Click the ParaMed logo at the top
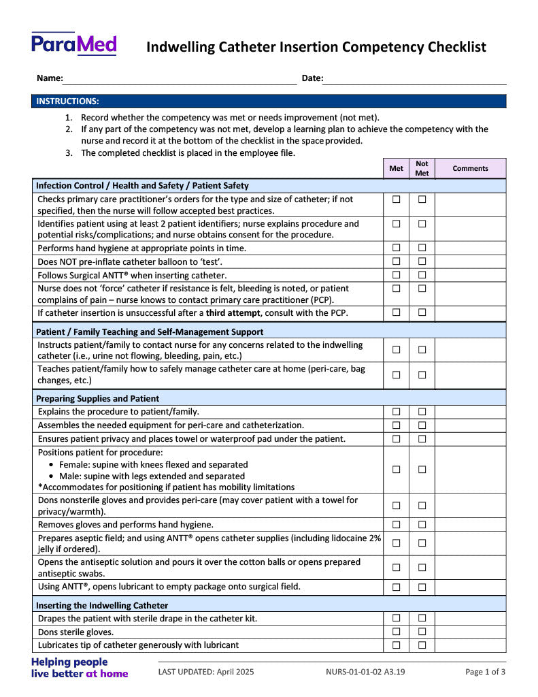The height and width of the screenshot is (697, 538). pos(74,44)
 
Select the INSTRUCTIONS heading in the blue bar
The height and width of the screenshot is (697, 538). pos(67,101)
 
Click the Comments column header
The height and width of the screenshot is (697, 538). pos(470,168)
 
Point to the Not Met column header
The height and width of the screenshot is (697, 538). pos(422,168)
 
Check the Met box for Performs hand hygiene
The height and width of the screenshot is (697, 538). pos(396,248)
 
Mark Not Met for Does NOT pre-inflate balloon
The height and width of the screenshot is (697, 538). pos(422,261)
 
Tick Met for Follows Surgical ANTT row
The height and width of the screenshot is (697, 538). pos(396,275)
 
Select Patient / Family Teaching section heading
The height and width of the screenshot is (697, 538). pos(150,331)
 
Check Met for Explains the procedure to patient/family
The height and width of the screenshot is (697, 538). pos(396,412)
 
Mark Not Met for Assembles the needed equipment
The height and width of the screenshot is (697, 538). pos(422,425)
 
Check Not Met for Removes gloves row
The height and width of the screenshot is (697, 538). pos(422,525)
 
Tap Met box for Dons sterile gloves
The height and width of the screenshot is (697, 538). pos(396,632)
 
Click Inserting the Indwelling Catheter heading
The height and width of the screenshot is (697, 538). pos(102,605)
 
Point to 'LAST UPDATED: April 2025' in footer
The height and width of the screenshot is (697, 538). pos(206,672)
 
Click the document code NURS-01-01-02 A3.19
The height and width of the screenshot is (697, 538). pos(365,672)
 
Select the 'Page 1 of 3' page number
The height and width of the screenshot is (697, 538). pos(485,672)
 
